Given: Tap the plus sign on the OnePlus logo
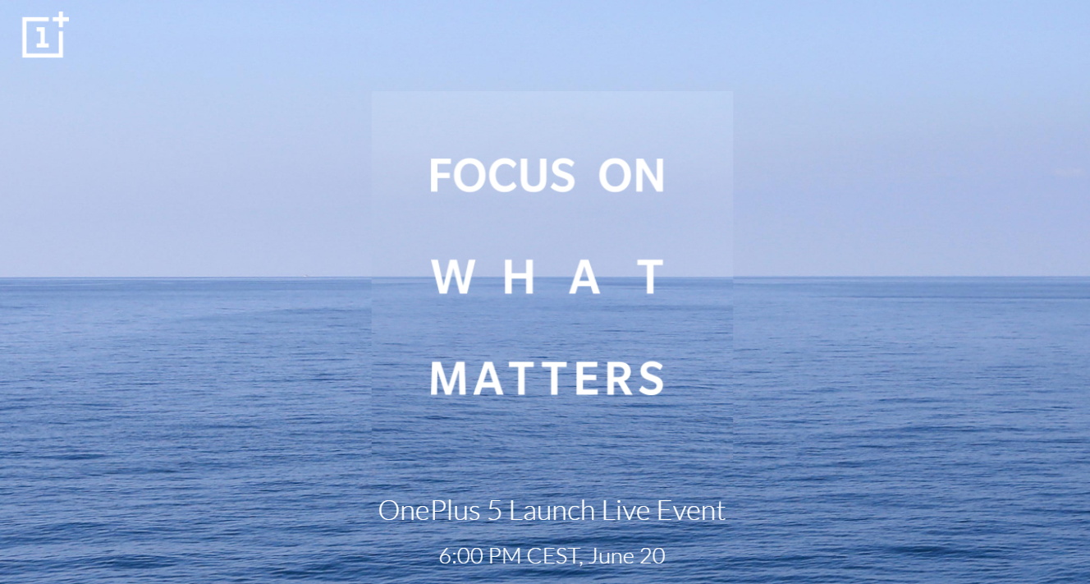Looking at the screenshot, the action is click(x=61, y=21).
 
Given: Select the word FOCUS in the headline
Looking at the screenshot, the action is click(x=501, y=175).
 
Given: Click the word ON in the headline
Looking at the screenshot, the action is click(x=631, y=175).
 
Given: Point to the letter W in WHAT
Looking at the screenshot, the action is click(x=453, y=277).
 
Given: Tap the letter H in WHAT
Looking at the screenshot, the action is click(x=519, y=277).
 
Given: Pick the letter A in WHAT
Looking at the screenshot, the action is click(x=584, y=277).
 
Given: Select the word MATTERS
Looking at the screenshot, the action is click(x=547, y=379).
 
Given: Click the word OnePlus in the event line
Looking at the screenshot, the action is click(x=429, y=511).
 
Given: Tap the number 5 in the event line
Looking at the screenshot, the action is click(x=494, y=511).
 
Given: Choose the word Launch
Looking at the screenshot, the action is click(x=552, y=511).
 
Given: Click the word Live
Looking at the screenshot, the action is click(x=625, y=511).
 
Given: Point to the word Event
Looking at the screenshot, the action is click(x=691, y=511).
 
